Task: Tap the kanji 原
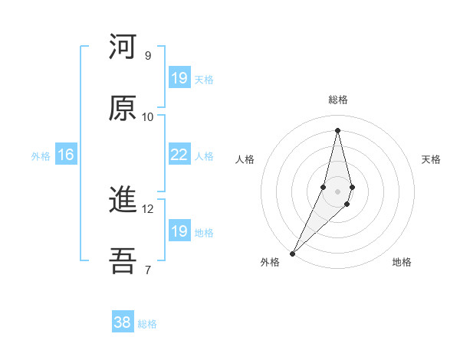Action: (x=123, y=108)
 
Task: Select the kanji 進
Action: (x=123, y=201)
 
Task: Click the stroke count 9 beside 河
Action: (x=148, y=55)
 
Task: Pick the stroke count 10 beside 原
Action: (x=148, y=116)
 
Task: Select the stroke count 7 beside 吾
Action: (x=148, y=270)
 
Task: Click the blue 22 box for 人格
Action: (x=179, y=155)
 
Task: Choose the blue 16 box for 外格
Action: (x=66, y=155)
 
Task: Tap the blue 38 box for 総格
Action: (x=123, y=322)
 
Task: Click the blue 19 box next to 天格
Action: (x=179, y=77)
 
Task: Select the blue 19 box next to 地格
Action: (x=179, y=231)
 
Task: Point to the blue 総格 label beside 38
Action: (x=147, y=324)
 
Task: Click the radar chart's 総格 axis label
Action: (x=338, y=100)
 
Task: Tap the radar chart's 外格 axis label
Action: (x=270, y=262)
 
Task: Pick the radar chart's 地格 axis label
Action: (x=402, y=262)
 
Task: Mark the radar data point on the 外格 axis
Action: (x=292, y=253)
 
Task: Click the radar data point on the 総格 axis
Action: (x=337, y=130)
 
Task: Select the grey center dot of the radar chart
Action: (x=337, y=191)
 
